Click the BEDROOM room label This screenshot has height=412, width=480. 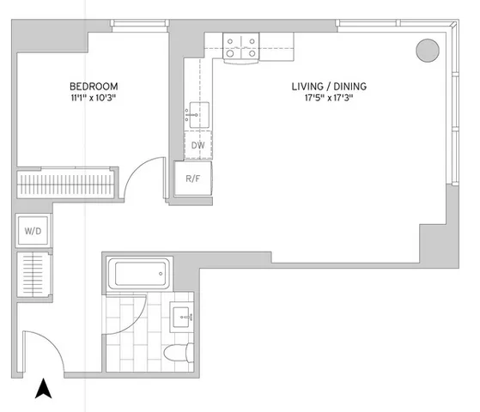(x=94, y=87)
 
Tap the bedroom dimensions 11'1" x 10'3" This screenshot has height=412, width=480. (x=94, y=99)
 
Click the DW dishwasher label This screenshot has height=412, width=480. (x=197, y=146)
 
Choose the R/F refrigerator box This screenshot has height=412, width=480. (x=193, y=179)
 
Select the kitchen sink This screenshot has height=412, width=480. (x=197, y=112)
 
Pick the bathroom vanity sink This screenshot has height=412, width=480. (x=182, y=317)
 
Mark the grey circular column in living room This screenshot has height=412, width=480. (x=427, y=50)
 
